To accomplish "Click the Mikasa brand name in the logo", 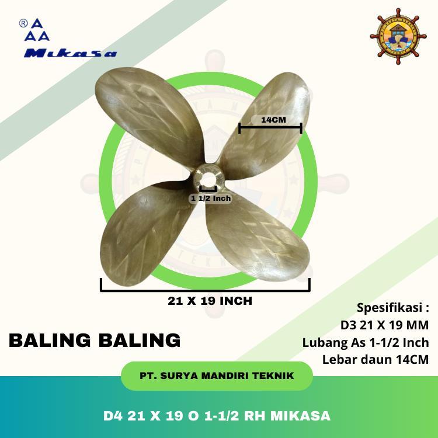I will [x=71, y=54].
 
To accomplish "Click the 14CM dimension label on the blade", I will [x=270, y=120].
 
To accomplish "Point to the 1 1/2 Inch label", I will [x=211, y=199].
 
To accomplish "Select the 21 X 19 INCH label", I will [x=209, y=301].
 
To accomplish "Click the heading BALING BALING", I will [x=95, y=340].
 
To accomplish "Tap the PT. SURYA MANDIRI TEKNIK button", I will [x=217, y=376].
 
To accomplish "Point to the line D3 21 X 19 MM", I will [x=384, y=325].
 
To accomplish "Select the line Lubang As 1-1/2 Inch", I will [x=366, y=342].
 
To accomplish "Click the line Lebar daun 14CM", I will [x=376, y=360].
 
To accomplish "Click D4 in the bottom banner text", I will [x=114, y=416].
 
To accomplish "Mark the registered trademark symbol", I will [x=23, y=23].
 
